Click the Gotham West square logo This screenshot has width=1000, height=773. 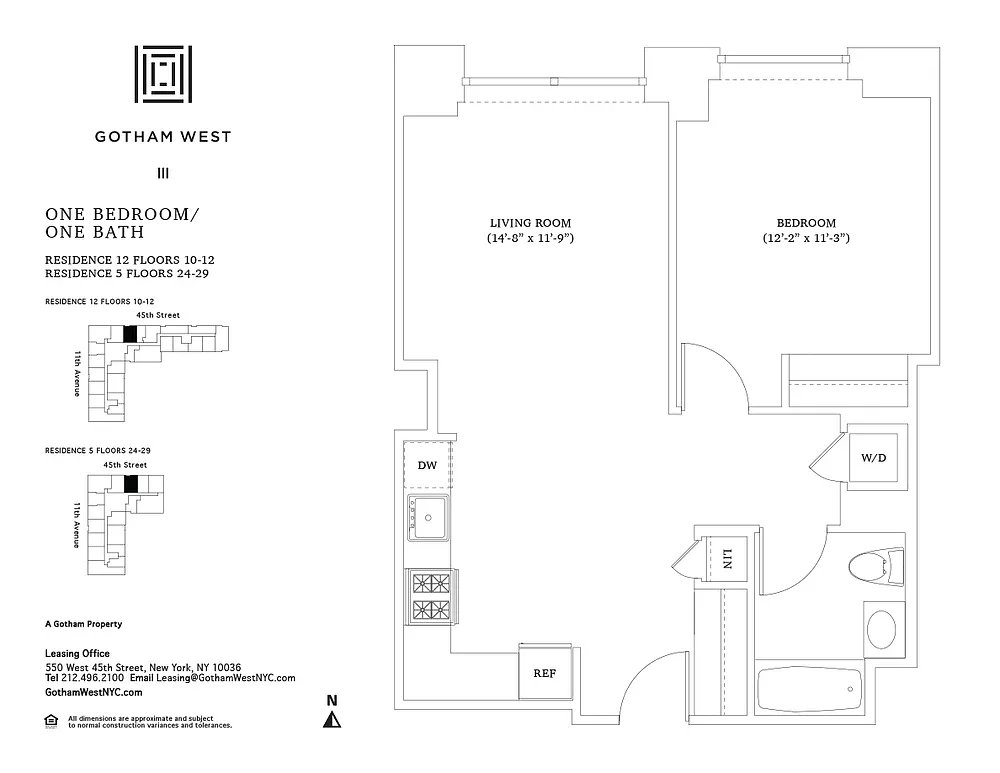(x=163, y=74)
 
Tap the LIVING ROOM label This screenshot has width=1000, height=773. (x=531, y=222)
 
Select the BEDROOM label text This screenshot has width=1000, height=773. (x=806, y=222)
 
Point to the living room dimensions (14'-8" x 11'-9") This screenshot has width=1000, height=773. (x=531, y=239)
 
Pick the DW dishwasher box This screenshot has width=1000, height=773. (x=428, y=464)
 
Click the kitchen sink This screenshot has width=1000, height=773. (x=429, y=517)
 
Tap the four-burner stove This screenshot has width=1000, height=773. (x=429, y=596)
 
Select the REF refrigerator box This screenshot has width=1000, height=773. (x=544, y=673)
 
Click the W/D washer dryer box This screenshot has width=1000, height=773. (x=873, y=458)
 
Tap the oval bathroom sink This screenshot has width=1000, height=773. (x=881, y=630)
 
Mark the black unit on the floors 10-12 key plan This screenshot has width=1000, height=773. (x=128, y=334)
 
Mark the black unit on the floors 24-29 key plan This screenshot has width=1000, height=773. (x=130, y=484)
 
